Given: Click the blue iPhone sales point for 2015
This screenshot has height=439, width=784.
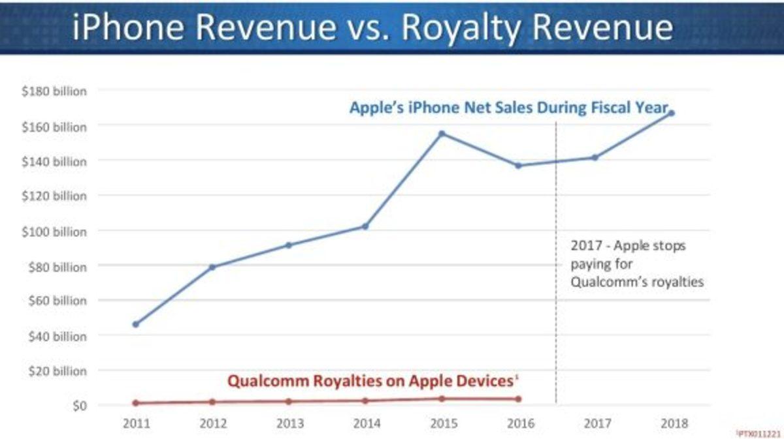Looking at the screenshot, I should point(442,134).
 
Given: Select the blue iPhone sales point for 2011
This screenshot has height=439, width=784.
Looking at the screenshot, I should point(135,324).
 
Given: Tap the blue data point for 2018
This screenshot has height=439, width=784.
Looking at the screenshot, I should point(671,113).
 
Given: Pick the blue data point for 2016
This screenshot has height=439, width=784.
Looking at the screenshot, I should point(518,166).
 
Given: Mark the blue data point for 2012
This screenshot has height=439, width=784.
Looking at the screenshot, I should point(212,267).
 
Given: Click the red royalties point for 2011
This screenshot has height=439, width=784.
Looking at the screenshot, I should point(135,403).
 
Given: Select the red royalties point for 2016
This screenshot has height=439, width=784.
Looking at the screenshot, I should point(518,399).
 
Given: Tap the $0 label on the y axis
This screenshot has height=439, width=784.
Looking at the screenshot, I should point(78,406).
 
